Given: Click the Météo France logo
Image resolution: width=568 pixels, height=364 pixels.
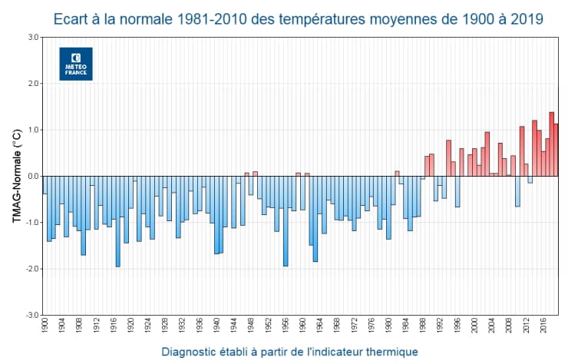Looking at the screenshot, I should click(75, 63).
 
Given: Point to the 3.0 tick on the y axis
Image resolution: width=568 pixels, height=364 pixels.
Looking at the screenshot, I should click(32, 37).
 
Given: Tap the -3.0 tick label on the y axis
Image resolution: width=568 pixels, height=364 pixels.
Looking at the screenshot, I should click(31, 315).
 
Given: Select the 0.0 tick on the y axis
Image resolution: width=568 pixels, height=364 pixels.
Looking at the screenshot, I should click(32, 176).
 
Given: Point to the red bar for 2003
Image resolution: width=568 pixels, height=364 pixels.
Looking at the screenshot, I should click(487, 154).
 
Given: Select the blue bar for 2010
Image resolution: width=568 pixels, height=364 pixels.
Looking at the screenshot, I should click(517, 191).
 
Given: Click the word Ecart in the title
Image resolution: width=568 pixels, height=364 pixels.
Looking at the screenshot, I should click(74, 17).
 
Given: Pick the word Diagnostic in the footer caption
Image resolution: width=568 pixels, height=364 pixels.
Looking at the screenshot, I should click(193, 352).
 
